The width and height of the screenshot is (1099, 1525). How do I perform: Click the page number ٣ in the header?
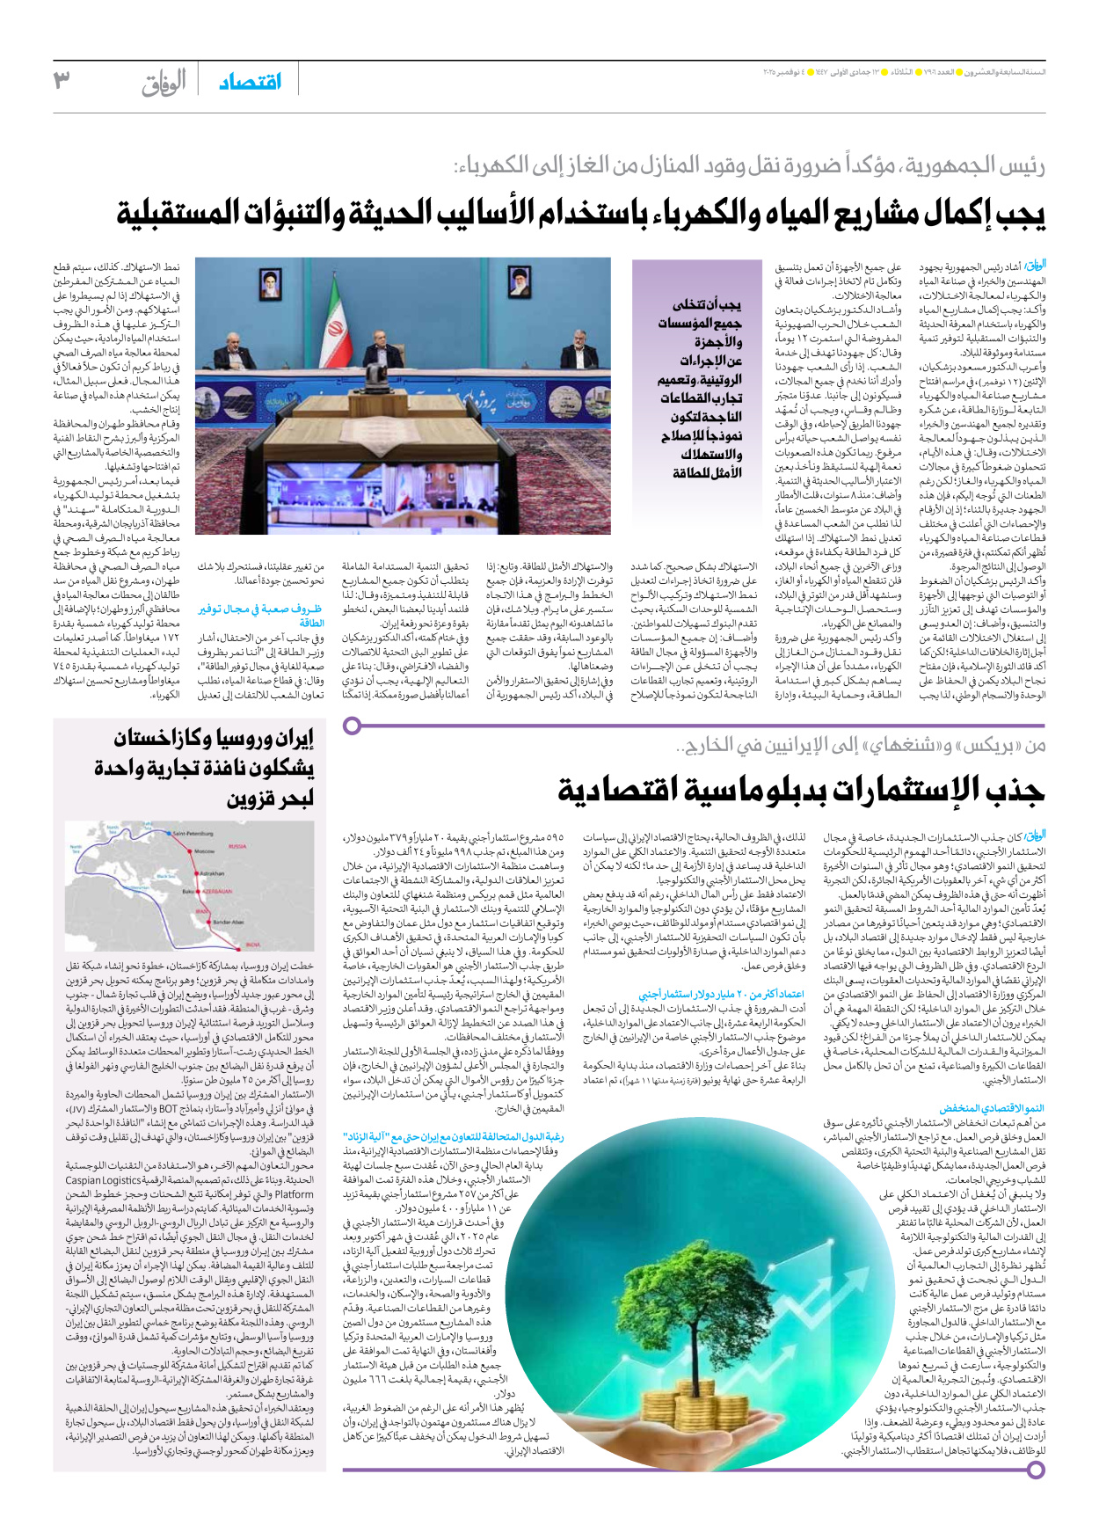[62, 79]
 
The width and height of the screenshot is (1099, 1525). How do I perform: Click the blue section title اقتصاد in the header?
[250, 82]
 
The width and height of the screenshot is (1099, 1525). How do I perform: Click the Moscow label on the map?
[204, 851]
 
